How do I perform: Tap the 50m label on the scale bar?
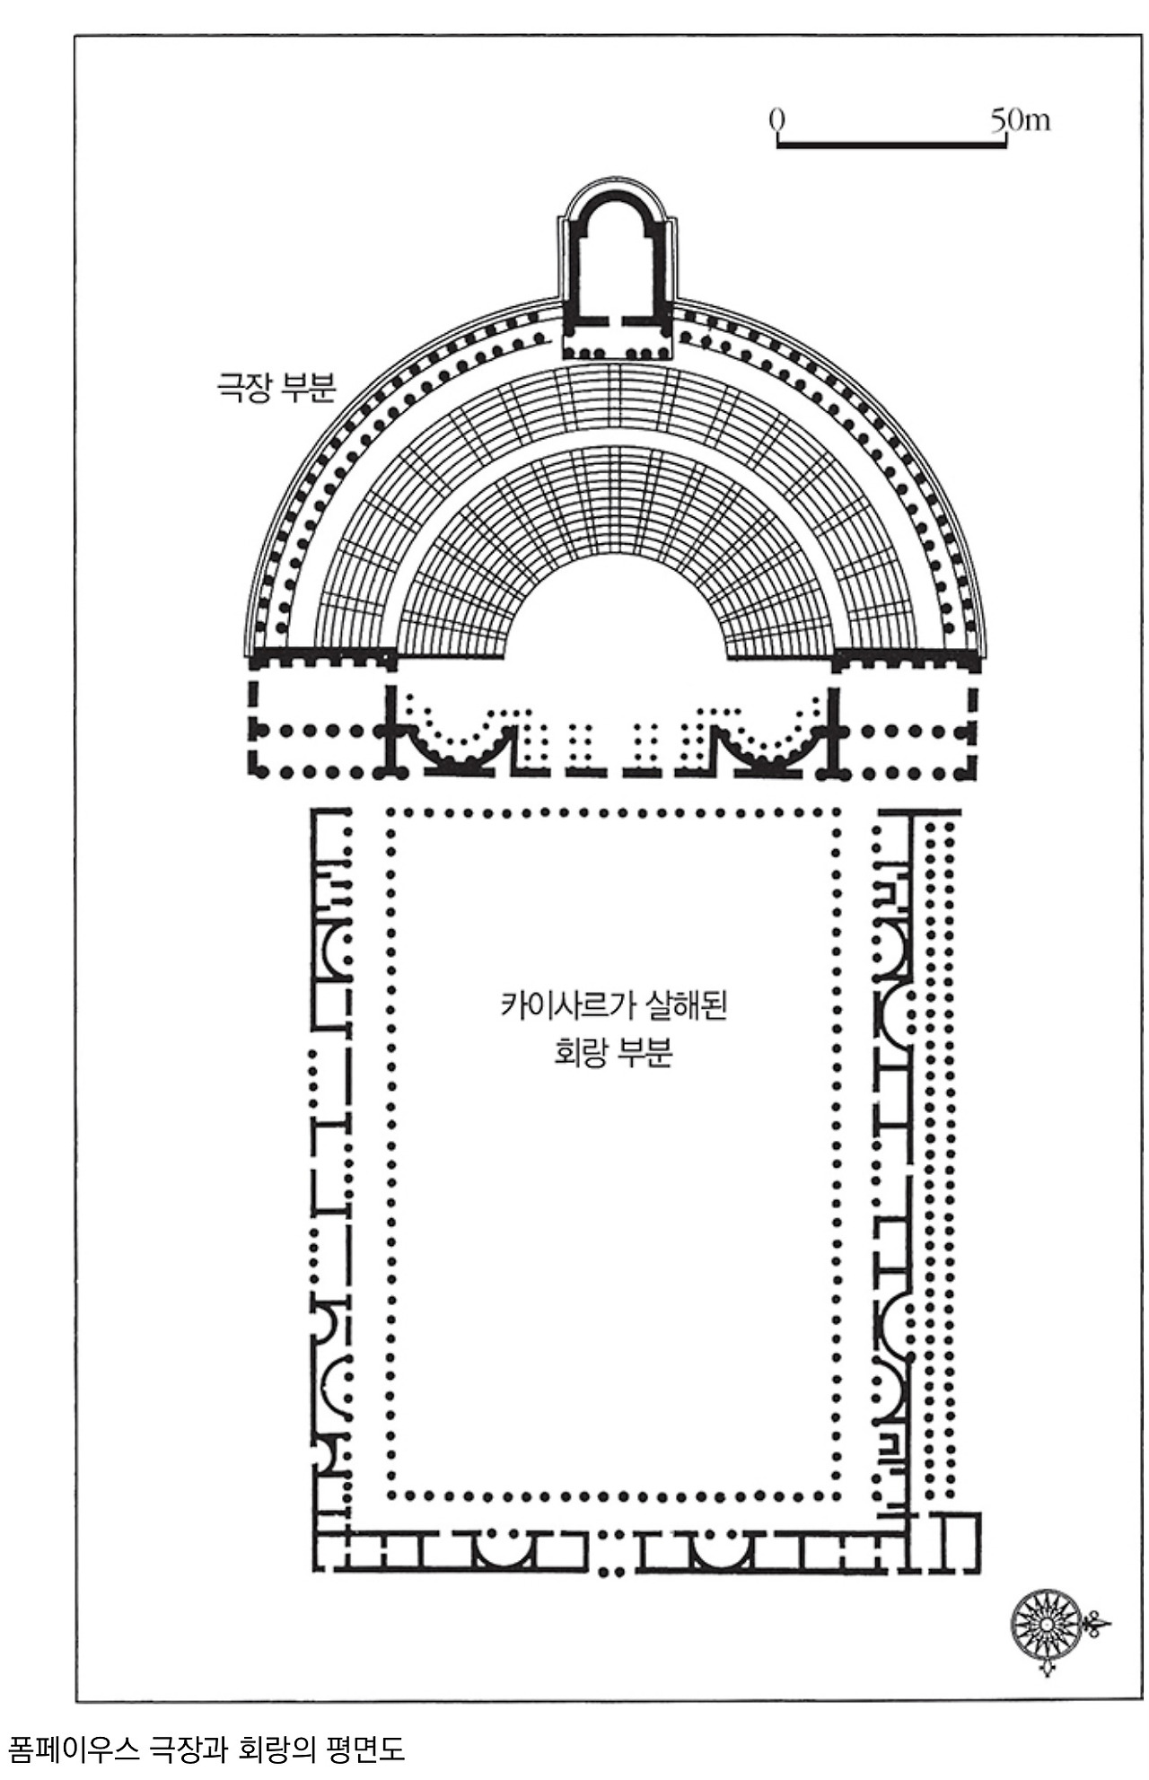click(1021, 119)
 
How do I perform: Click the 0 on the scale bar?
click(777, 119)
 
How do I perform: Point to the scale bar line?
click(891, 144)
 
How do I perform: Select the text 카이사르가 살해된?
click(613, 1005)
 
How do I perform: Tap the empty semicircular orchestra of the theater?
click(617, 619)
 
